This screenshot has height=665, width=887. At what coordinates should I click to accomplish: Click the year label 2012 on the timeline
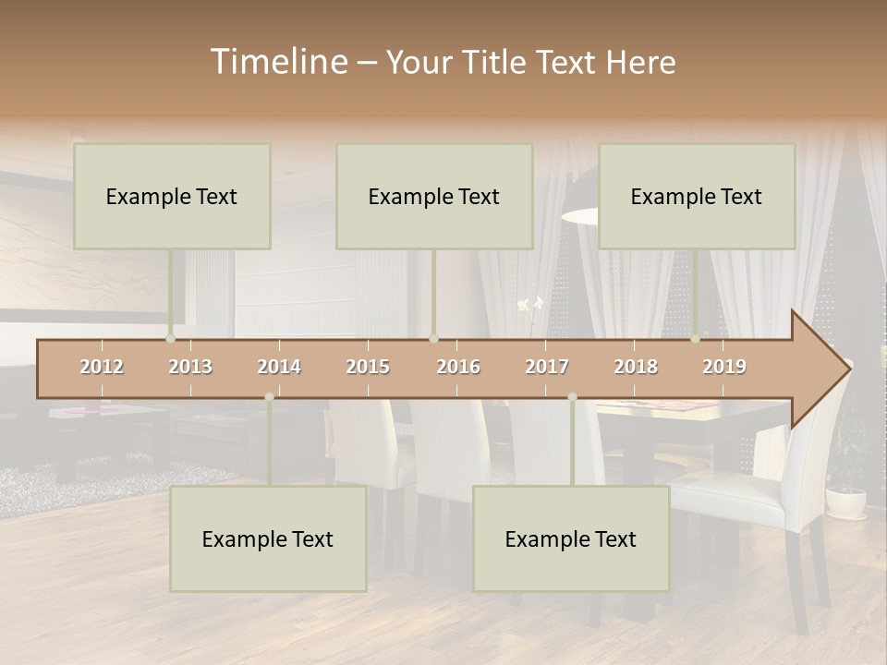coord(102,367)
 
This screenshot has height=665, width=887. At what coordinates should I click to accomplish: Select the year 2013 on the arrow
coord(190,367)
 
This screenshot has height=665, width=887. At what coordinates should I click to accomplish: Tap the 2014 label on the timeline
coord(279,367)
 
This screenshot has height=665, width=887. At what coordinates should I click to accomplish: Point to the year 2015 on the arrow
coord(368,367)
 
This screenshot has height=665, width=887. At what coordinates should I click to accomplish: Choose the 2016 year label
coord(458,367)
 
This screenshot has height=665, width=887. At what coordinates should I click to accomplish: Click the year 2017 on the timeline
coord(547,367)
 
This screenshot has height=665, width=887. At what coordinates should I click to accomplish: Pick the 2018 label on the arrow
coord(636,367)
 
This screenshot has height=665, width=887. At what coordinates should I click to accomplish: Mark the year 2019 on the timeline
coord(724,367)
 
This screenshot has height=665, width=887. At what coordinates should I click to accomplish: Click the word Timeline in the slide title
coord(277,62)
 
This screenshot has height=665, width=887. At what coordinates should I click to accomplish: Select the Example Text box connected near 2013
coord(172,196)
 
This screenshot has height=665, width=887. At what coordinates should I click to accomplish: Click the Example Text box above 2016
coord(434,196)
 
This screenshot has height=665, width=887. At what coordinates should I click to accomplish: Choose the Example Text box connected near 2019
coord(697,196)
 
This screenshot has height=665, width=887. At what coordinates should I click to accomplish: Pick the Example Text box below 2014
coord(268,538)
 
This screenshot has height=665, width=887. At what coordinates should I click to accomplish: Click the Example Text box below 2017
coord(571,538)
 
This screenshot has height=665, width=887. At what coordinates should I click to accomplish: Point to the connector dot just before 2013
coord(171,339)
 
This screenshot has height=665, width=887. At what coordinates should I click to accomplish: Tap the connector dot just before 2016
coord(433,339)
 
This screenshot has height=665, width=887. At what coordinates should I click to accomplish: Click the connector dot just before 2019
coord(696,339)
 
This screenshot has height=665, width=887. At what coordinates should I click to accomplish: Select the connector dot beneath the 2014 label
coord(269,397)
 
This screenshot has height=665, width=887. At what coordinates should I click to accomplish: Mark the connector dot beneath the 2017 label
coord(572,397)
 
